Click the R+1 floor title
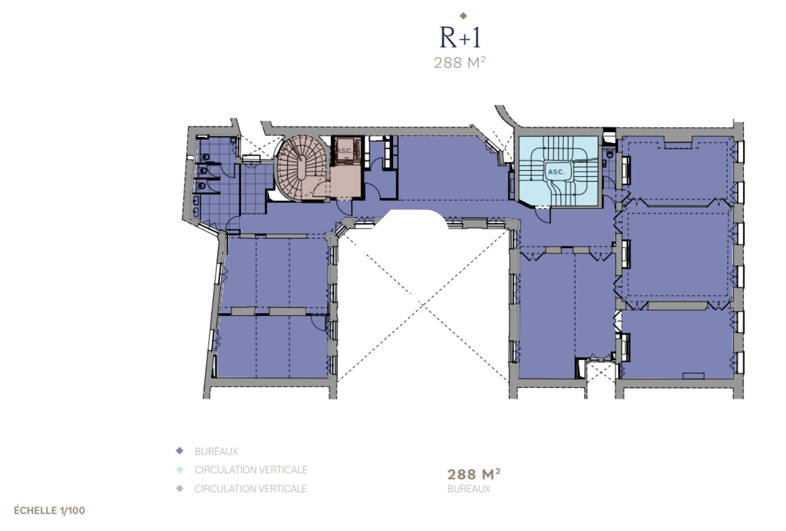pyautogui.click(x=460, y=37)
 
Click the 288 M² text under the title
pyautogui.click(x=460, y=63)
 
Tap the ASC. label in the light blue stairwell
pyautogui.click(x=557, y=172)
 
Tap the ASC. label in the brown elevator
pyautogui.click(x=344, y=151)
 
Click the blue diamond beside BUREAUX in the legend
pyautogui.click(x=180, y=451)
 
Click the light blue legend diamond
pyautogui.click(x=180, y=470)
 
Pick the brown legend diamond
pyautogui.click(x=180, y=488)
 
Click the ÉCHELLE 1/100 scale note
pyautogui.click(x=50, y=510)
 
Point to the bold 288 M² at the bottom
pyautogui.click(x=474, y=474)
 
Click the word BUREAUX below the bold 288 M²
pyautogui.click(x=469, y=489)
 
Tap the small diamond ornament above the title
pyautogui.click(x=463, y=16)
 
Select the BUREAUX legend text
pyautogui.click(x=216, y=451)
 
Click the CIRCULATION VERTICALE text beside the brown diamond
pyautogui.click(x=251, y=489)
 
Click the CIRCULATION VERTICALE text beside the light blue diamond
pyautogui.click(x=251, y=470)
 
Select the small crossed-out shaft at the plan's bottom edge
pyautogui.click(x=601, y=371)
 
